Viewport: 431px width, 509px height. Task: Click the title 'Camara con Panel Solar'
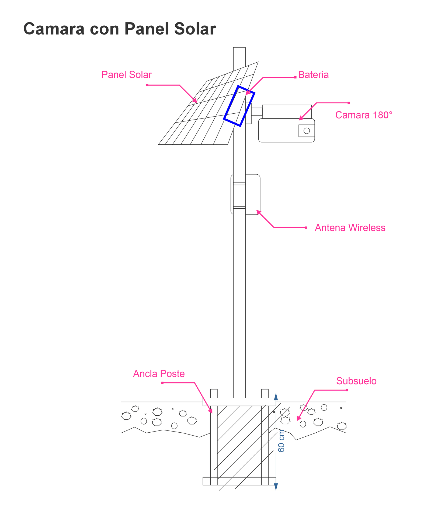coord(120,29)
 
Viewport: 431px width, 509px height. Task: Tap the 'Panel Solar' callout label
coord(126,75)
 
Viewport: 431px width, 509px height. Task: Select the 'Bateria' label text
coord(313,75)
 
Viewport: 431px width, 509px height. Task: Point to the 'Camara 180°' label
coord(364,115)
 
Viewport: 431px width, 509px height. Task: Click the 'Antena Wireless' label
coord(350,228)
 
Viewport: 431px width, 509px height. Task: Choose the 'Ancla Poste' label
coord(159,374)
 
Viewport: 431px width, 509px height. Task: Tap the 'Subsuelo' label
coord(356,381)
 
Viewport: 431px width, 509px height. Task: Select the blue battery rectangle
coord(239,106)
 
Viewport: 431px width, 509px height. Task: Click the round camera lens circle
coord(307,131)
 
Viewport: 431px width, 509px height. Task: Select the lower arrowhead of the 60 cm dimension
coord(276,487)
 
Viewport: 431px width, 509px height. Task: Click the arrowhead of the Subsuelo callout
coord(298,419)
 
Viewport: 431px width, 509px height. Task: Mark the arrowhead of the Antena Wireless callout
coord(258,212)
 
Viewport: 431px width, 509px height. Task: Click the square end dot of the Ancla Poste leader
coord(162,383)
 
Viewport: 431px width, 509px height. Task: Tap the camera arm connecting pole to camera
coord(257,112)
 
